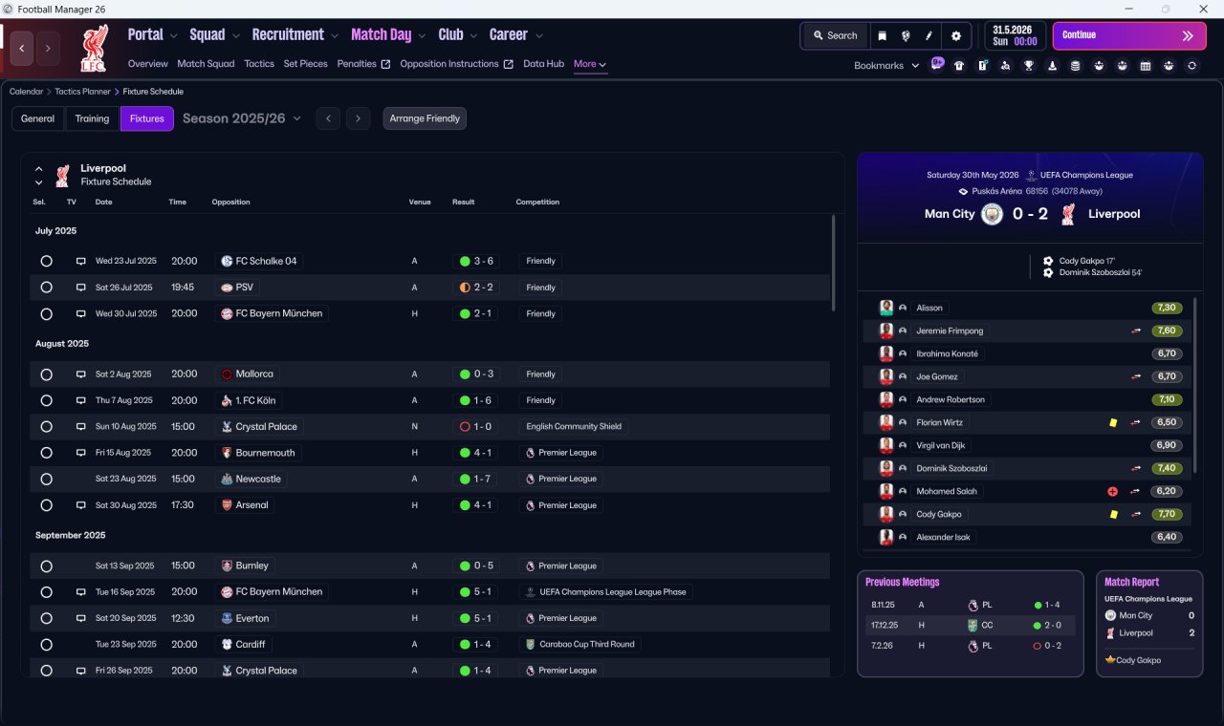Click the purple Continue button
pos(1129,35)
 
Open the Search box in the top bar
pos(836,35)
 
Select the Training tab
pos(92,118)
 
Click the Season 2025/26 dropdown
pos(242,118)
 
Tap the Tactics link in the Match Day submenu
pos(259,64)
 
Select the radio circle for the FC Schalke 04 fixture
pos(47,261)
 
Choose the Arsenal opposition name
pos(251,505)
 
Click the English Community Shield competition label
pos(574,426)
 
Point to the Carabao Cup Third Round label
pos(587,644)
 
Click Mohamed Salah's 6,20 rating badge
pos(1166,491)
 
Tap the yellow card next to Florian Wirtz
pos(1113,422)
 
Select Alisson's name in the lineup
pos(929,308)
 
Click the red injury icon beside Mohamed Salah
pos(1112,491)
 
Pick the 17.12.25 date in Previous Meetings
pos(885,625)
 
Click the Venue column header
pos(420,202)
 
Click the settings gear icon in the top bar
pos(955,35)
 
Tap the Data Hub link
pos(543,64)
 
